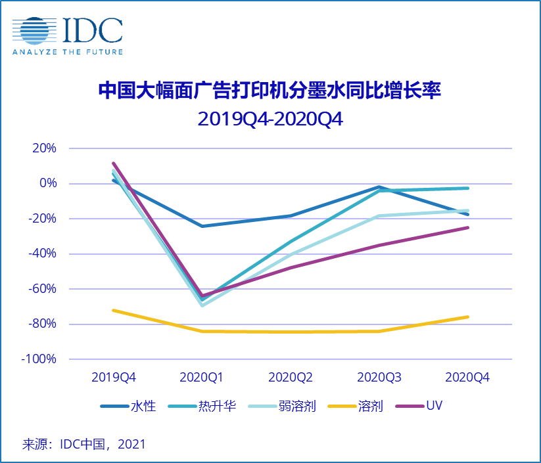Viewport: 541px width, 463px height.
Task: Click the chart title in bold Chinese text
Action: (270, 90)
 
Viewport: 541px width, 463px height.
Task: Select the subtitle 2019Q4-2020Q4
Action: (270, 120)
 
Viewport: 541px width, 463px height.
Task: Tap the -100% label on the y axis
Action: (39, 359)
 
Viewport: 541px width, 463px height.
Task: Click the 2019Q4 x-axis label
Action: (114, 378)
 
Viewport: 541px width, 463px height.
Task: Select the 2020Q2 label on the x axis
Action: (291, 378)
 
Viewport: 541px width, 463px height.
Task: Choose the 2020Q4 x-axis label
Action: (467, 378)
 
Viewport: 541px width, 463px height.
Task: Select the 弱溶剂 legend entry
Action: (283, 406)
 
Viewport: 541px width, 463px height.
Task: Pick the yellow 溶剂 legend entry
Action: (358, 406)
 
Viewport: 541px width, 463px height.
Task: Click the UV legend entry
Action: (420, 406)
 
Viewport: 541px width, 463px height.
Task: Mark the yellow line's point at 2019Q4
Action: (114, 310)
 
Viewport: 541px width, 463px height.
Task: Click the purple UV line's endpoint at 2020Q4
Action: (467, 227)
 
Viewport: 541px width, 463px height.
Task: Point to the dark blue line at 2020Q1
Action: (202, 226)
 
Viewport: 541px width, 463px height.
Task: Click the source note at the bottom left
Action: (84, 444)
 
